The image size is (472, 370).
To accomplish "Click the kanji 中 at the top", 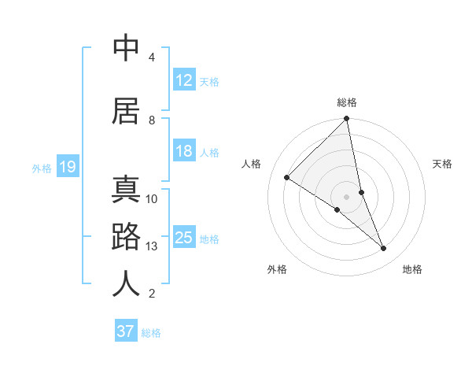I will (126, 47).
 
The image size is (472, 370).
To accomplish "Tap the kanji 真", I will (126, 189).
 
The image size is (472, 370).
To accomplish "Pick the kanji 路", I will (126, 236).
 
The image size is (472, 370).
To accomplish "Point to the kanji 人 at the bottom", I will (126, 283).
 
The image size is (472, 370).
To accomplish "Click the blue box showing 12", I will (184, 80).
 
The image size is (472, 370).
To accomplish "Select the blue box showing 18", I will (184, 152).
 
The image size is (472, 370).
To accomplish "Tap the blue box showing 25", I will (184, 239).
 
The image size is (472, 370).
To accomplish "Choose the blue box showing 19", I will (67, 167).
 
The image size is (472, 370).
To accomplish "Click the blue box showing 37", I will (126, 331).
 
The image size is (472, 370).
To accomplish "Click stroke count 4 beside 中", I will (151, 57).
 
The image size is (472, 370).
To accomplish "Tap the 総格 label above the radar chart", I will (347, 102).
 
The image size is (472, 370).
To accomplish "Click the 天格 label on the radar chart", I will (442, 164).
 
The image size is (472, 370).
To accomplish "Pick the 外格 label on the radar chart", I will (277, 269).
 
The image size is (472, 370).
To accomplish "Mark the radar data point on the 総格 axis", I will (347, 120).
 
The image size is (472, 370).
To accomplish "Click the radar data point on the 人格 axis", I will (287, 177).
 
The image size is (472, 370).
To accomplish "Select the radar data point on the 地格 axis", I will (384, 248).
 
